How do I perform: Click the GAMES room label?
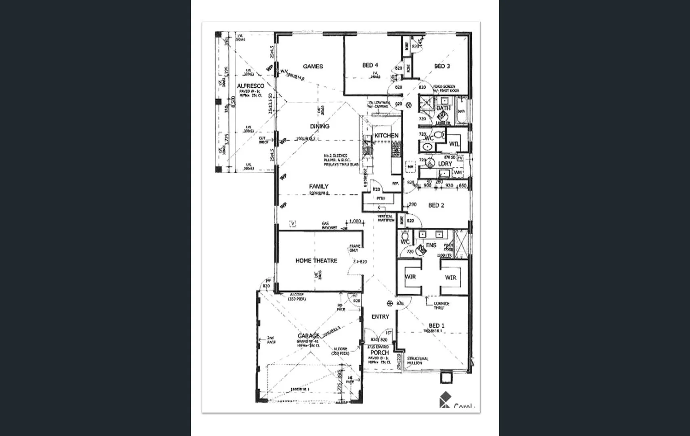(x=313, y=66)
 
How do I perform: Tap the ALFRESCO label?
(x=251, y=86)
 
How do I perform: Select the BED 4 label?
(x=370, y=65)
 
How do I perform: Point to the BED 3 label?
(x=442, y=66)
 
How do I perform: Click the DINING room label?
(x=320, y=126)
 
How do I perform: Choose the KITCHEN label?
(x=386, y=135)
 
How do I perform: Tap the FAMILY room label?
(x=319, y=186)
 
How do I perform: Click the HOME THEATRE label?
(x=316, y=261)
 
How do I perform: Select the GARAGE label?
(x=308, y=335)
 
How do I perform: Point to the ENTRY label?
(x=380, y=317)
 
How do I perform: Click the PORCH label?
(x=379, y=352)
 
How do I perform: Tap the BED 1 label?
(x=437, y=325)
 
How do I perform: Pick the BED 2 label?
(x=436, y=205)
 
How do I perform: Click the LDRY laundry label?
(x=445, y=163)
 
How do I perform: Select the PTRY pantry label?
(x=381, y=199)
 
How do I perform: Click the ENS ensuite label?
(x=431, y=245)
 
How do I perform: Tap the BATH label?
(x=443, y=108)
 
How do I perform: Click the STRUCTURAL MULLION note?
(x=418, y=361)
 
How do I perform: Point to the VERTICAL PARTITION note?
(x=386, y=218)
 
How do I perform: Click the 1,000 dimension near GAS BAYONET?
(x=355, y=221)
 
